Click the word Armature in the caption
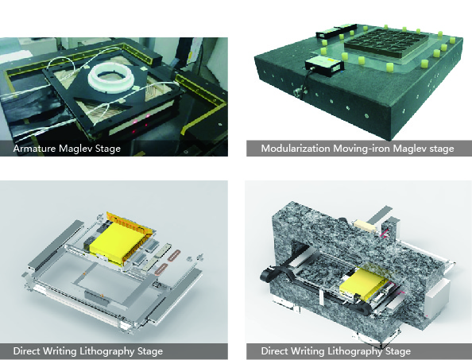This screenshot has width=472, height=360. click(x=33, y=148)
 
